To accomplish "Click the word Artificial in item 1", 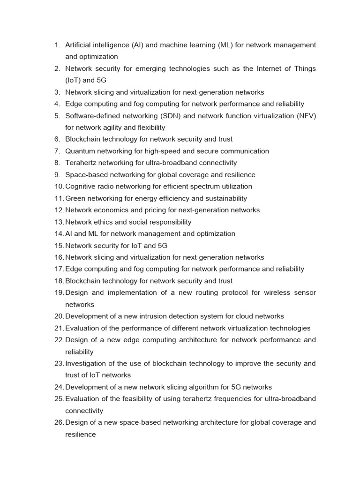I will pyautogui.click(x=79, y=45).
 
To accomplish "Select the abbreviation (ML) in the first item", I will pyautogui.click(x=227, y=45).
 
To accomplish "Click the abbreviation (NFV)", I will pyautogui.click(x=306, y=116).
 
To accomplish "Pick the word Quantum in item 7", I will pyautogui.click(x=80, y=151).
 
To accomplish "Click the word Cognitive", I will pyautogui.click(x=81, y=187).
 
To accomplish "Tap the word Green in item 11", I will pyautogui.click(x=75, y=198).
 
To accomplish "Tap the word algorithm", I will pyautogui.click(x=201, y=387).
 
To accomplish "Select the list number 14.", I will pyautogui.click(x=58, y=234).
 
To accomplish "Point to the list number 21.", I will pyautogui.click(x=58, y=328).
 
